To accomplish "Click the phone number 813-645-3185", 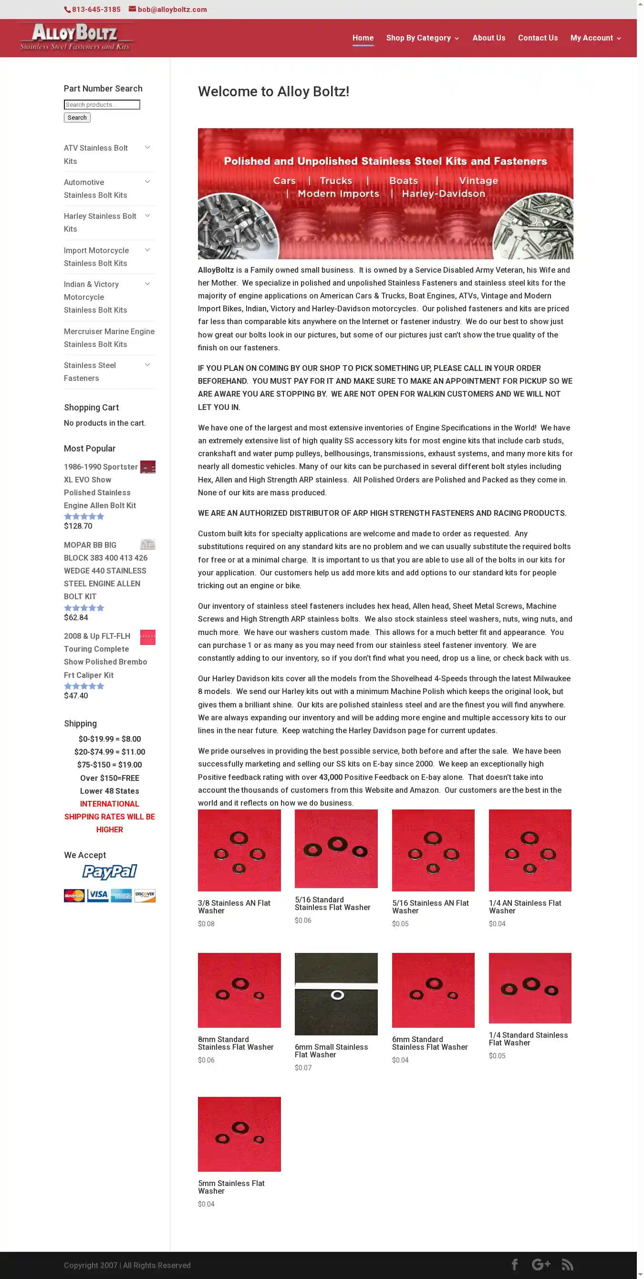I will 95,10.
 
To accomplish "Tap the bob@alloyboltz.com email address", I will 172,10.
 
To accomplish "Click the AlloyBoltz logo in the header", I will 75,38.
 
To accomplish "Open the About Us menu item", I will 488,38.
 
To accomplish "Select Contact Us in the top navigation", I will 538,38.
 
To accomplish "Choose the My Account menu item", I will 592,38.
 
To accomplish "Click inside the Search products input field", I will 102,105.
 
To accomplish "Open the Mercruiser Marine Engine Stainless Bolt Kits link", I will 109,338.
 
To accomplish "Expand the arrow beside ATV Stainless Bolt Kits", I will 147,147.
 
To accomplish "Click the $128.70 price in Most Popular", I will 78,526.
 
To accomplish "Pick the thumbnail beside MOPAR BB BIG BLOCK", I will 147,545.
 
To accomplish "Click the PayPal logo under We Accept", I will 109,872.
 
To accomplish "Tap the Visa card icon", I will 98,895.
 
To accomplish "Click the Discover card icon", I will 145,895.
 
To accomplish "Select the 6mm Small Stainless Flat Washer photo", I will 336,993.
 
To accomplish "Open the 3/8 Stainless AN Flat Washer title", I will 234,907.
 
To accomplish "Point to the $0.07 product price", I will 303,1067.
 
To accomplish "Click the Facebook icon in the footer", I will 515,1264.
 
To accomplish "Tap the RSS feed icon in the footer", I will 567,1264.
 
